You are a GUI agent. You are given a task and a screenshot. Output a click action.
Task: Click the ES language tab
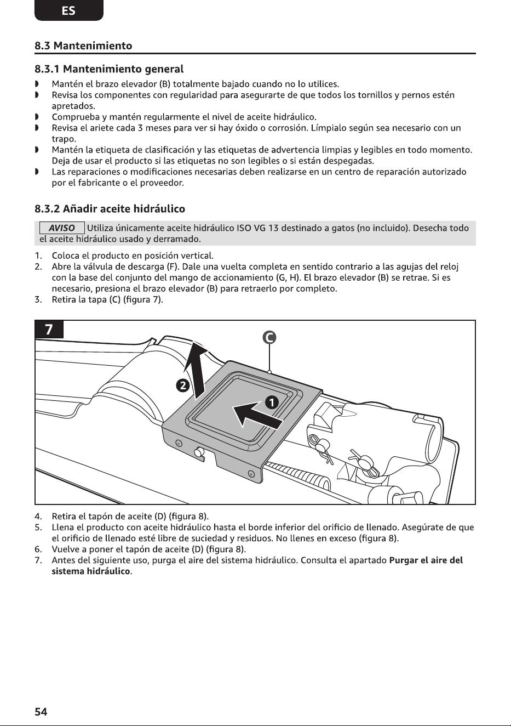[68, 10]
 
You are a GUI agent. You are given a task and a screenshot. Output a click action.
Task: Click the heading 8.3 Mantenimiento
[83, 46]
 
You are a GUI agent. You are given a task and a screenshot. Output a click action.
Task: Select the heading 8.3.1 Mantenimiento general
[109, 69]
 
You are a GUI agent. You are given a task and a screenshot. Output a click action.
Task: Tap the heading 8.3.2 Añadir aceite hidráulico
[110, 209]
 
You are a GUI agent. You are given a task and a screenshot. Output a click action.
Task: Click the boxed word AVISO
[62, 228]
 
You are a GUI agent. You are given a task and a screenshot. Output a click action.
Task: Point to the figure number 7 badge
[49, 330]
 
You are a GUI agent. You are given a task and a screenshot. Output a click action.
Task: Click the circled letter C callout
[269, 338]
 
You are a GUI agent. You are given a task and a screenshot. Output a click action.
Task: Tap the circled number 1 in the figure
[272, 402]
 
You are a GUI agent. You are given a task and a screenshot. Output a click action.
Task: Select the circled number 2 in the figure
[182, 385]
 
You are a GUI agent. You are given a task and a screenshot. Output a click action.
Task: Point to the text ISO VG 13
[257, 228]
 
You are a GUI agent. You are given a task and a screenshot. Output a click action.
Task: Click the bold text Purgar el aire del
[426, 560]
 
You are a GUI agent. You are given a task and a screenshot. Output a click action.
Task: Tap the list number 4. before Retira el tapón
[38, 516]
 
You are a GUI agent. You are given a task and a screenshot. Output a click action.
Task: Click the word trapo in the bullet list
[64, 139]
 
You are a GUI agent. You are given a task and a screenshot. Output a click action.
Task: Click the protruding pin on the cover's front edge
[199, 453]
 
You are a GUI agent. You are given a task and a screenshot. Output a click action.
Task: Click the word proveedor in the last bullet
[162, 183]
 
